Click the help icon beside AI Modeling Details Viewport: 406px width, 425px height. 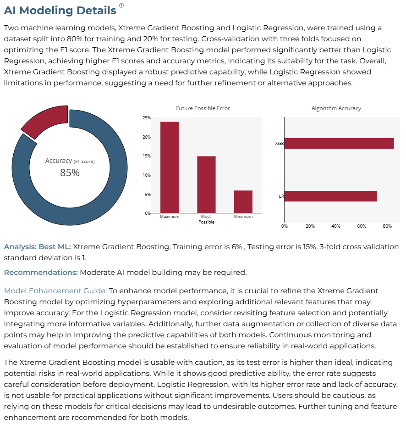pos(121,6)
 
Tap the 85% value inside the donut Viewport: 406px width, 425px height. pos(70,173)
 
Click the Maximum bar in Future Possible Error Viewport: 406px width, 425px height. pos(170,167)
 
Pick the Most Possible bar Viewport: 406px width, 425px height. pos(206,185)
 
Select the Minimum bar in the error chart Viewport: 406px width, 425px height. pos(243,201)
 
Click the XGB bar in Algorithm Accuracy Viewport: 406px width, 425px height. pos(339,143)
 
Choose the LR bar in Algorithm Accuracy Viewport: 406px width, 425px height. pos(331,196)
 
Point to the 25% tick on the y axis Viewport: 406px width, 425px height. pos(147,118)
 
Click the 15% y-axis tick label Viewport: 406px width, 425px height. pos(147,156)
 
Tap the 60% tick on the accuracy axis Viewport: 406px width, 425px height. pos(362,226)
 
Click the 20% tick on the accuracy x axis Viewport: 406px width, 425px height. pos(310,226)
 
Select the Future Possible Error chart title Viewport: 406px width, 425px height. pos(203,108)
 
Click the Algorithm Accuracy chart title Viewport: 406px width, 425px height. pos(336,108)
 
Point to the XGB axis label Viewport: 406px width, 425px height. pos(280,143)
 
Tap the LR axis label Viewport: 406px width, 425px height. pos(281,196)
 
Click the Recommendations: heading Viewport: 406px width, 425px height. pos(41,273)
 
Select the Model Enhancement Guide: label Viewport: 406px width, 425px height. pos(55,291)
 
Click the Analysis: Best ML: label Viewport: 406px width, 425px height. pos(38,246)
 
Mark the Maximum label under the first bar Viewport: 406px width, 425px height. pos(170,217)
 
